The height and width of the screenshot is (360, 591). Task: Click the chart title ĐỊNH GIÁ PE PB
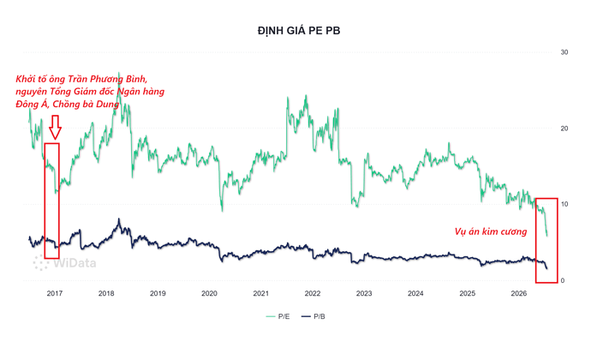click(299, 31)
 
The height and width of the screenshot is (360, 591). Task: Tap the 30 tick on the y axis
click(564, 52)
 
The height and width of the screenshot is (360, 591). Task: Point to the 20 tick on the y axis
click(564, 129)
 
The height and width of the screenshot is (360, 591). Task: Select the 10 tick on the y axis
click(564, 204)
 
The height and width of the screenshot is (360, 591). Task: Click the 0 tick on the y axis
click(563, 280)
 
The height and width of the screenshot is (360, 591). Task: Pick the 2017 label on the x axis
click(55, 293)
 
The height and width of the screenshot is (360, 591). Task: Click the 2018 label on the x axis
click(106, 293)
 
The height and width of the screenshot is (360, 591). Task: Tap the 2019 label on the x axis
click(158, 293)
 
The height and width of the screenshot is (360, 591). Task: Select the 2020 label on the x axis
click(210, 293)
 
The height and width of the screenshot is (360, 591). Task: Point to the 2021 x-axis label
click(261, 293)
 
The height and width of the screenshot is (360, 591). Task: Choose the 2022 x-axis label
click(313, 293)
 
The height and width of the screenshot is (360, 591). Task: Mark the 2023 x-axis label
click(364, 293)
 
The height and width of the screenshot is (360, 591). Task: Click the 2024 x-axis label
click(415, 293)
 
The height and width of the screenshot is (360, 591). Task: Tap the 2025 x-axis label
click(468, 293)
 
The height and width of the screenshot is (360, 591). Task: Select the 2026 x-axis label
click(519, 293)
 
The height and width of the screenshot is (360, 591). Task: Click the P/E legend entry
click(278, 316)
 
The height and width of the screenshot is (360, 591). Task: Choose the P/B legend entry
click(313, 316)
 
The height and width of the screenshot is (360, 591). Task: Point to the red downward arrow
click(55, 127)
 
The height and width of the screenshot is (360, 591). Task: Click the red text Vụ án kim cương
click(491, 231)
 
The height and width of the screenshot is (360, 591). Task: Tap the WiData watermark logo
click(64, 262)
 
